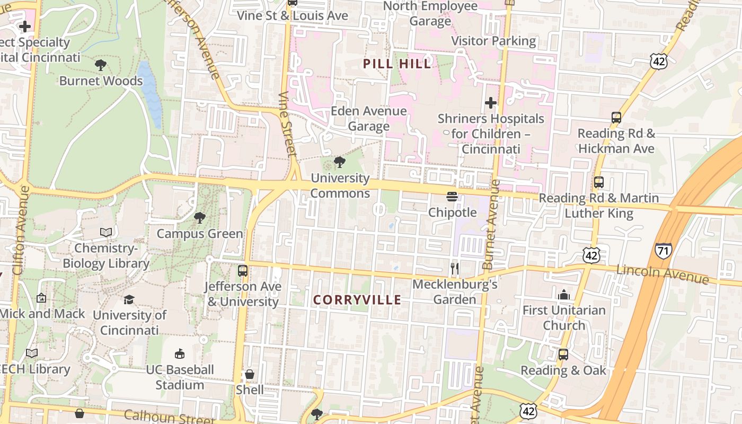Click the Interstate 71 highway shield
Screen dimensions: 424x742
click(663, 250)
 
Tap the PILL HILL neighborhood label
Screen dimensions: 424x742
click(397, 64)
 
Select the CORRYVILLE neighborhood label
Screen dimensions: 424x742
click(357, 300)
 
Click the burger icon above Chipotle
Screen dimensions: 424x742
click(452, 197)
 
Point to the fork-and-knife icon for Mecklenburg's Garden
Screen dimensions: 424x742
click(454, 268)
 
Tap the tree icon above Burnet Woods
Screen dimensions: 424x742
click(101, 65)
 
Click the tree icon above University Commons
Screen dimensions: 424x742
click(339, 162)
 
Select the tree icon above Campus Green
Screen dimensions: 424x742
click(200, 217)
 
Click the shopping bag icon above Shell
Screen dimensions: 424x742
click(250, 374)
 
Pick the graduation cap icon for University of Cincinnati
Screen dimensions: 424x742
click(129, 300)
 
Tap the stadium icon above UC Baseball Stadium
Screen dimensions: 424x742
click(180, 354)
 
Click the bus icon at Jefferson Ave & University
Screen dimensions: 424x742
click(243, 271)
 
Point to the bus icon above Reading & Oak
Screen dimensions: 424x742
click(563, 355)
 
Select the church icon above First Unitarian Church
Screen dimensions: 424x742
click(564, 294)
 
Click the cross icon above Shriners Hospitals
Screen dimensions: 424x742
click(491, 102)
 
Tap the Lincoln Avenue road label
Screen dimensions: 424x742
click(662, 274)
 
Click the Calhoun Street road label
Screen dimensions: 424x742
click(169, 417)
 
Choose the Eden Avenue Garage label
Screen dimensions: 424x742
click(368, 119)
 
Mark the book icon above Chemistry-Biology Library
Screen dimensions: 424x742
click(106, 232)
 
